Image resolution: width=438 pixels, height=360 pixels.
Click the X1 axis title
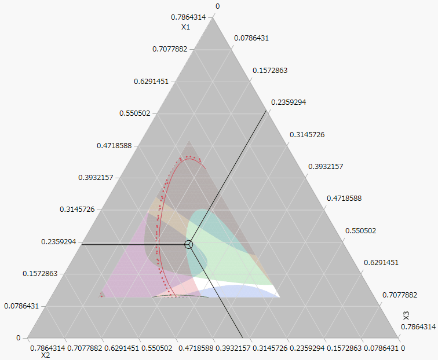tap(185, 27)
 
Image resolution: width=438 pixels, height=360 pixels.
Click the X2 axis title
tap(45, 355)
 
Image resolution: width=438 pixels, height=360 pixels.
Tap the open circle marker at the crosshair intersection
tap(188, 245)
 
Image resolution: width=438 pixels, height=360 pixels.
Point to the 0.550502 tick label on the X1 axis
tap(134, 113)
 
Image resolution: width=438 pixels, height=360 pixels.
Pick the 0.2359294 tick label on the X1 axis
tap(60, 241)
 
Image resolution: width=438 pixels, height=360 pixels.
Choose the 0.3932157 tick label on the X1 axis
tap(97, 177)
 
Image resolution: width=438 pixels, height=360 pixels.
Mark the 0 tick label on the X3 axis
tap(218, 6)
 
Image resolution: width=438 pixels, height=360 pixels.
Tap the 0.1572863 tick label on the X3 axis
tap(270, 71)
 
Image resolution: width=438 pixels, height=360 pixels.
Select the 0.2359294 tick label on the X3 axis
tap(289, 102)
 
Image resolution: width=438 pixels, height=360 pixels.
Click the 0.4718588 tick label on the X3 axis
tap(344, 199)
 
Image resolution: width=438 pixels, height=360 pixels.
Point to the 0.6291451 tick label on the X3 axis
tap(381, 263)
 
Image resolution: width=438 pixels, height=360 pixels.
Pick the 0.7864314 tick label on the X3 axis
tap(418, 327)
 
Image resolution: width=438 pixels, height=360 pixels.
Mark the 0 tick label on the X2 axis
tap(403, 348)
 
